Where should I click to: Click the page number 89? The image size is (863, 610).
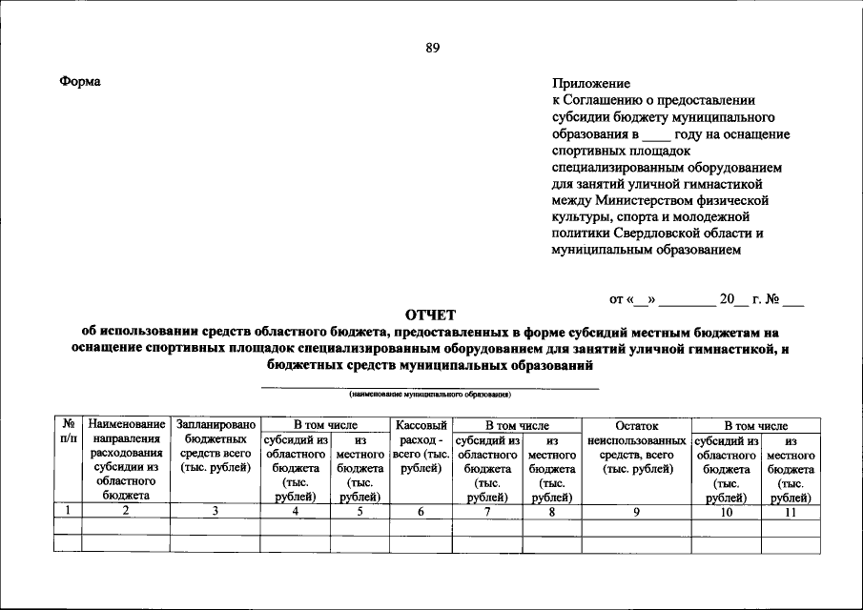[x=432, y=50]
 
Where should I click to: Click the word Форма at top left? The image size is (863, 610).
[x=80, y=82]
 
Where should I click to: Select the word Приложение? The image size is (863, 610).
[x=590, y=84]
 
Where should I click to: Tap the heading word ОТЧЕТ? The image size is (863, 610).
[x=431, y=315]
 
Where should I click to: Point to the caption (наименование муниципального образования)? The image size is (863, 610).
[x=430, y=393]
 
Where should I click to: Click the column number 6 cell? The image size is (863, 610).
[x=421, y=511]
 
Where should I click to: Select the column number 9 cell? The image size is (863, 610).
[x=636, y=511]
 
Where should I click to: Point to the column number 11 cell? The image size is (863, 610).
[x=791, y=511]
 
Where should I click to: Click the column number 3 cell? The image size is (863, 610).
[x=216, y=511]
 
